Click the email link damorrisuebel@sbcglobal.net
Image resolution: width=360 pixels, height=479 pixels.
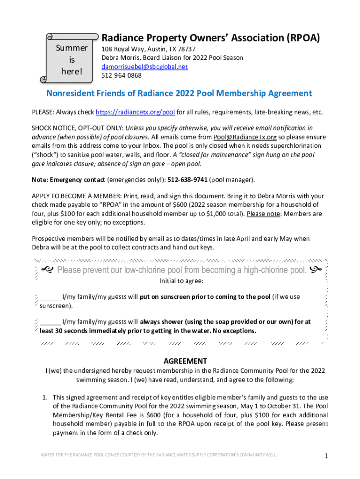[144, 67]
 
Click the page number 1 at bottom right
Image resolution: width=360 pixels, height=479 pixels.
[326, 456]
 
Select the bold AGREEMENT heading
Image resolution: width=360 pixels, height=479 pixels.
[185, 361]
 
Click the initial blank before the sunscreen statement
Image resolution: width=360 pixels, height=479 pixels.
[50, 297]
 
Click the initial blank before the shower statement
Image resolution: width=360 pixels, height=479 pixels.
[50, 322]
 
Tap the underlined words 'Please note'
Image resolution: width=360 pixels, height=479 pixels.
[262, 214]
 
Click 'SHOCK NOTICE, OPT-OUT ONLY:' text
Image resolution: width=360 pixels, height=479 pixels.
[77, 128]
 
